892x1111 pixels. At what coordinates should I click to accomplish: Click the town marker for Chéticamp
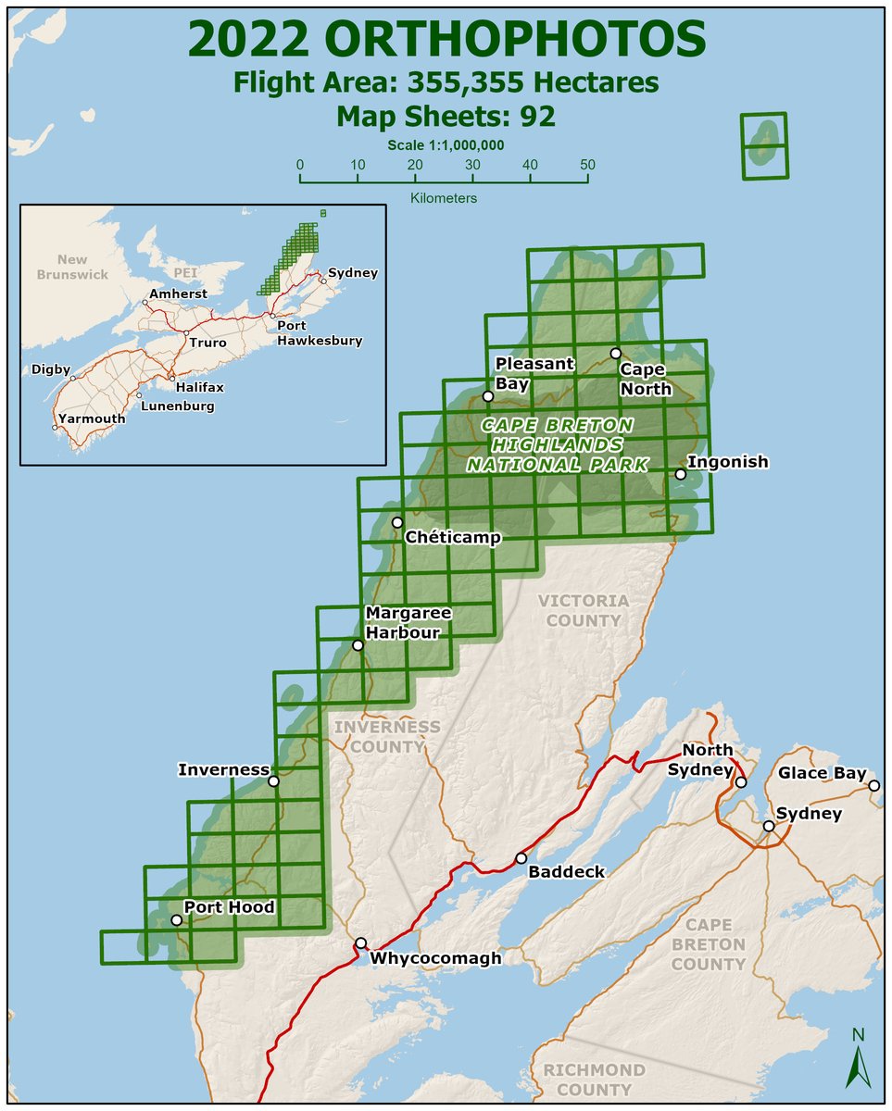pyautogui.click(x=397, y=522)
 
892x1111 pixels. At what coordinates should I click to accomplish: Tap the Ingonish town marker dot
pyautogui.click(x=680, y=474)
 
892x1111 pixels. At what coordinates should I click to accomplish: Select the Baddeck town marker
pyautogui.click(x=521, y=858)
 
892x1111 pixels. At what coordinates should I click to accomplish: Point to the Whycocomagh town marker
pyautogui.click(x=360, y=943)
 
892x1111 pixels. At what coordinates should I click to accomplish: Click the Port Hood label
pyautogui.click(x=229, y=906)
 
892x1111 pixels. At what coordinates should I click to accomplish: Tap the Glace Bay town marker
pyautogui.click(x=873, y=786)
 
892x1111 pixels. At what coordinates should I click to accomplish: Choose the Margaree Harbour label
pyautogui.click(x=408, y=622)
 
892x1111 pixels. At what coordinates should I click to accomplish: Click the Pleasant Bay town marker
pyautogui.click(x=488, y=396)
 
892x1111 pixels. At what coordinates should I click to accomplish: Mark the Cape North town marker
pyautogui.click(x=615, y=353)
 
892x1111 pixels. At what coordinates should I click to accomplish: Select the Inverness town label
pyautogui.click(x=223, y=769)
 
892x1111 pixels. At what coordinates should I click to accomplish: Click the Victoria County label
pyautogui.click(x=582, y=610)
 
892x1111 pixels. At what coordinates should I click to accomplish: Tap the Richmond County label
pyautogui.click(x=594, y=1080)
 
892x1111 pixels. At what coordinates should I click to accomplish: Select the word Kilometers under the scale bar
pyautogui.click(x=443, y=198)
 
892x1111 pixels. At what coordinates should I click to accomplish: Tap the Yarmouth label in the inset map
pyautogui.click(x=91, y=418)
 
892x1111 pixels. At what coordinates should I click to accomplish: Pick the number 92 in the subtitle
pyautogui.click(x=531, y=117)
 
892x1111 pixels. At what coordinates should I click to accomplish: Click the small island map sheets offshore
pyautogui.click(x=764, y=144)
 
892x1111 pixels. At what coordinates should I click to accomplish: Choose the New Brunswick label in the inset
pyautogui.click(x=72, y=267)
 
